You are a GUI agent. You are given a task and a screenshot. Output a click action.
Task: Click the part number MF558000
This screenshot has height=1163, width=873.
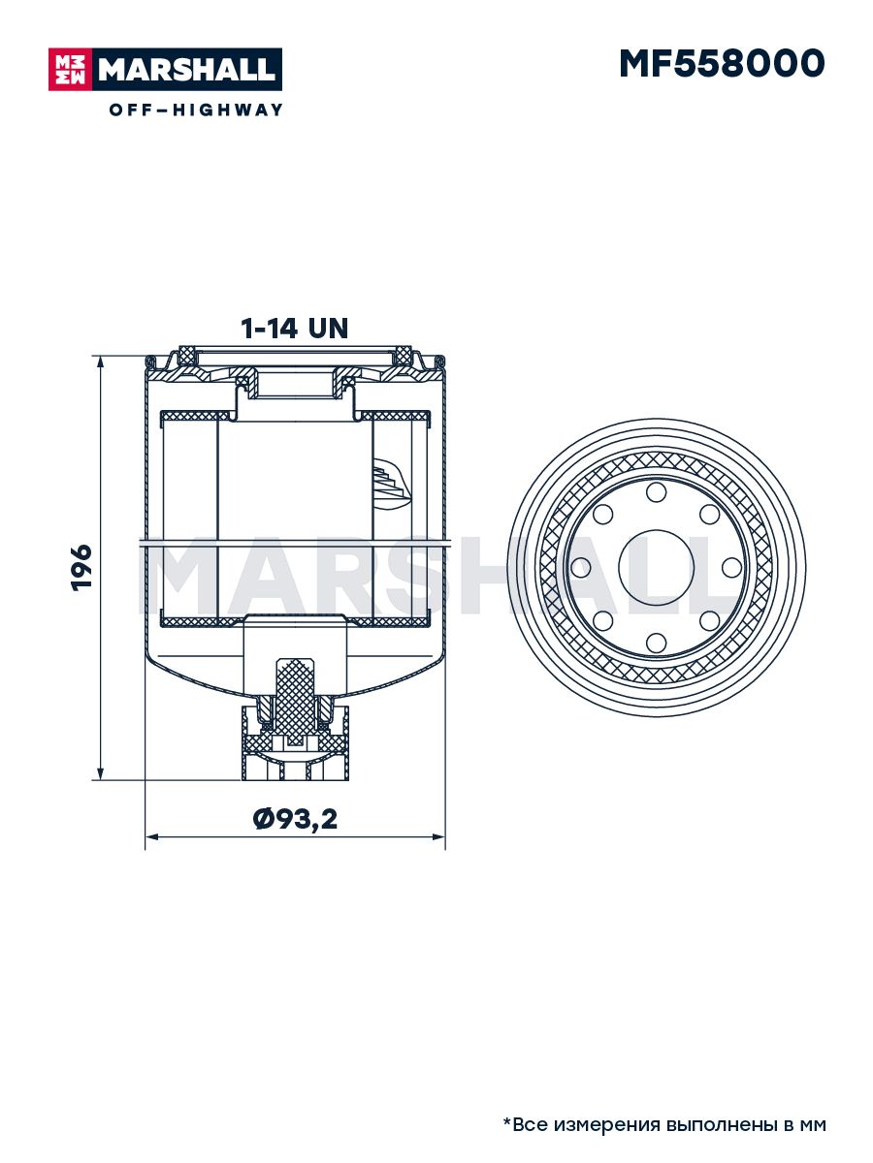[x=722, y=64]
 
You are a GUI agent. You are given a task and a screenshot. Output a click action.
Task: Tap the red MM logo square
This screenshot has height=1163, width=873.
[x=70, y=70]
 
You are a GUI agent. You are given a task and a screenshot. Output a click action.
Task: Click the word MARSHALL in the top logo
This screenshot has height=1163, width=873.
[x=187, y=70]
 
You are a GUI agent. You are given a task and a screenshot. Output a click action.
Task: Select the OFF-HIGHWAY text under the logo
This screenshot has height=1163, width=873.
[x=196, y=110]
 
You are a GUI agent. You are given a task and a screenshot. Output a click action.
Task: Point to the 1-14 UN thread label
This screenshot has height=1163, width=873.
[x=295, y=329]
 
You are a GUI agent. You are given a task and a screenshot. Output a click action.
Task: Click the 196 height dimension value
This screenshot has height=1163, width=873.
[x=81, y=567]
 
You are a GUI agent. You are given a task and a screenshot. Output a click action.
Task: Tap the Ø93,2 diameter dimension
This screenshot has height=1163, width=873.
[x=295, y=819]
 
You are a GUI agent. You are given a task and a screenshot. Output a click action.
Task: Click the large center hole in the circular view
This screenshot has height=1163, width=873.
[x=657, y=568]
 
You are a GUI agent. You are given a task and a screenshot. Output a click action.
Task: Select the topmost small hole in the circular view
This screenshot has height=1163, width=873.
[x=657, y=492]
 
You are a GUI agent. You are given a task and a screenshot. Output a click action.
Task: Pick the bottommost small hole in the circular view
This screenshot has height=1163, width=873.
[x=657, y=643]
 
